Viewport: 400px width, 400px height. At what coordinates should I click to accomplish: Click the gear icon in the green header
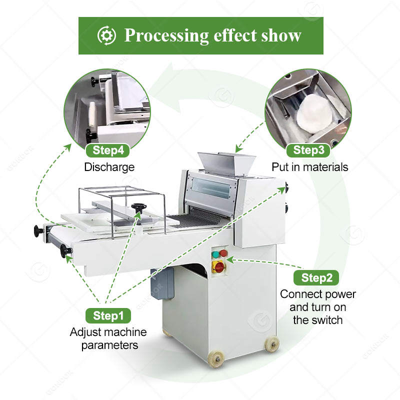pos(105,35)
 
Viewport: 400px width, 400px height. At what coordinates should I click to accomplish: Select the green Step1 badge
pos(108,315)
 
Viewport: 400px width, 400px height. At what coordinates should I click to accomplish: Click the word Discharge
pos(109,167)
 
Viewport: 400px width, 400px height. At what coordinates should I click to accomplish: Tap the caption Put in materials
pos(309,167)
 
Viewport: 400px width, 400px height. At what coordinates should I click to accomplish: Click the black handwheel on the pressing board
pos(137,207)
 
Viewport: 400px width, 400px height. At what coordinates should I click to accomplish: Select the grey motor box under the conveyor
pos(162,282)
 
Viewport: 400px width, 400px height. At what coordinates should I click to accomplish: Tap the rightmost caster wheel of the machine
pos(271,344)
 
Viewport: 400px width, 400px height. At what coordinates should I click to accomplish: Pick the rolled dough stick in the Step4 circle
pos(92,114)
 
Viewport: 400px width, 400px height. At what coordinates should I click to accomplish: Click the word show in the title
pos(281,35)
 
